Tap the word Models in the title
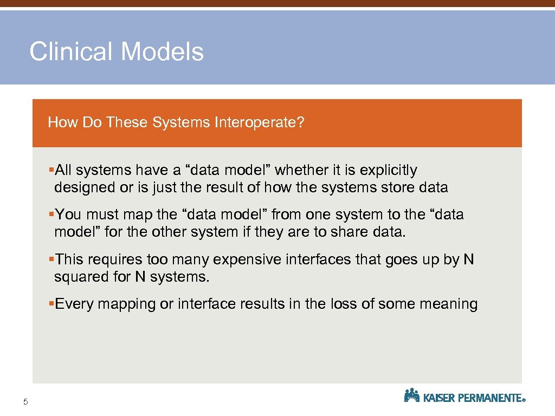coord(162,52)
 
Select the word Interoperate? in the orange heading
coord(259,122)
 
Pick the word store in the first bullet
coord(398,188)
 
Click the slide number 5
coord(25,401)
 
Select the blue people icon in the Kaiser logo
coord(412,395)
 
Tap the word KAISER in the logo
coord(439,398)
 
